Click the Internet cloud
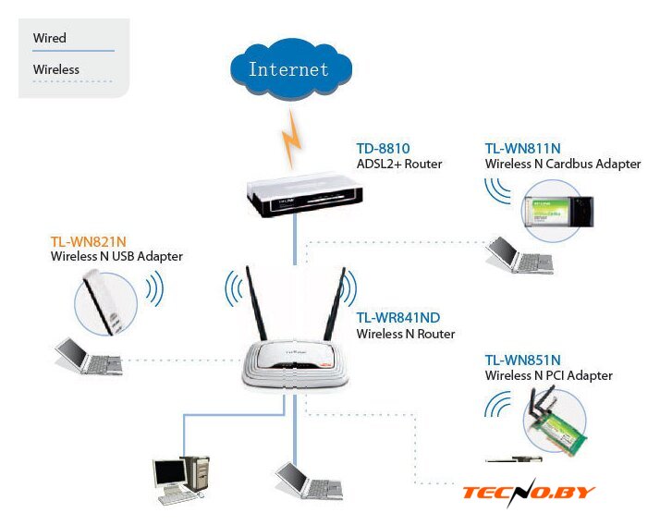tap(288, 69)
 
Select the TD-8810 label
tap(383, 148)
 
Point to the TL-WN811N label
tap(522, 148)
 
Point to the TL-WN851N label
tap(522, 360)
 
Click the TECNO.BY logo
tap(529, 493)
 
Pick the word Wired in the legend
tap(49, 38)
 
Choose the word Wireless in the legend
tap(55, 69)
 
